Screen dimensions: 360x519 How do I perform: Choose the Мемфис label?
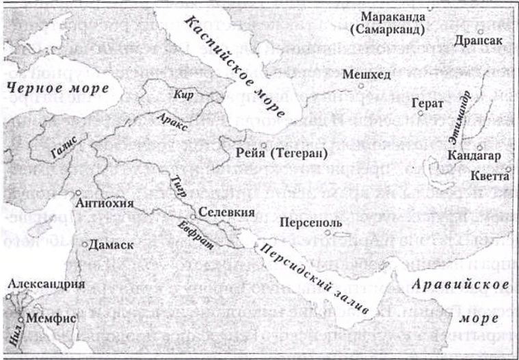click(x=51, y=318)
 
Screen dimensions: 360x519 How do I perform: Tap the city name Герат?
click(x=428, y=104)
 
